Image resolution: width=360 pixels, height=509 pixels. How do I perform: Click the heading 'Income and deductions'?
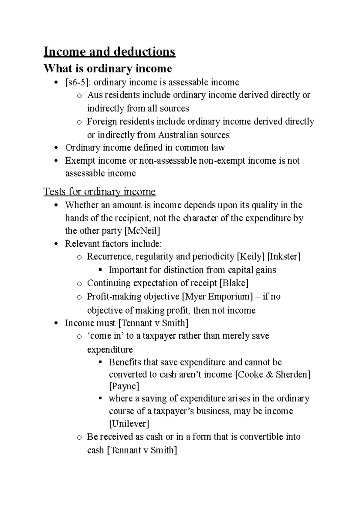click(109, 52)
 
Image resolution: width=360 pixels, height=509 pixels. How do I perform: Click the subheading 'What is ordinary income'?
click(108, 69)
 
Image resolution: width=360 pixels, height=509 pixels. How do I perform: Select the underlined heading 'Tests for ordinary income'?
click(99, 192)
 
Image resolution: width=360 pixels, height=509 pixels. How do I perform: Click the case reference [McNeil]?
click(142, 231)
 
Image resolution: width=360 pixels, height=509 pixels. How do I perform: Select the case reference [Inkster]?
click(283, 257)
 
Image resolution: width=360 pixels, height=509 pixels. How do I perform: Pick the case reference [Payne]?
click(124, 387)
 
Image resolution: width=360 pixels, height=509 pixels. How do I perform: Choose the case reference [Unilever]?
click(129, 424)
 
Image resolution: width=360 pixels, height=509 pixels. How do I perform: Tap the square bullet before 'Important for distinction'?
click(100, 270)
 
